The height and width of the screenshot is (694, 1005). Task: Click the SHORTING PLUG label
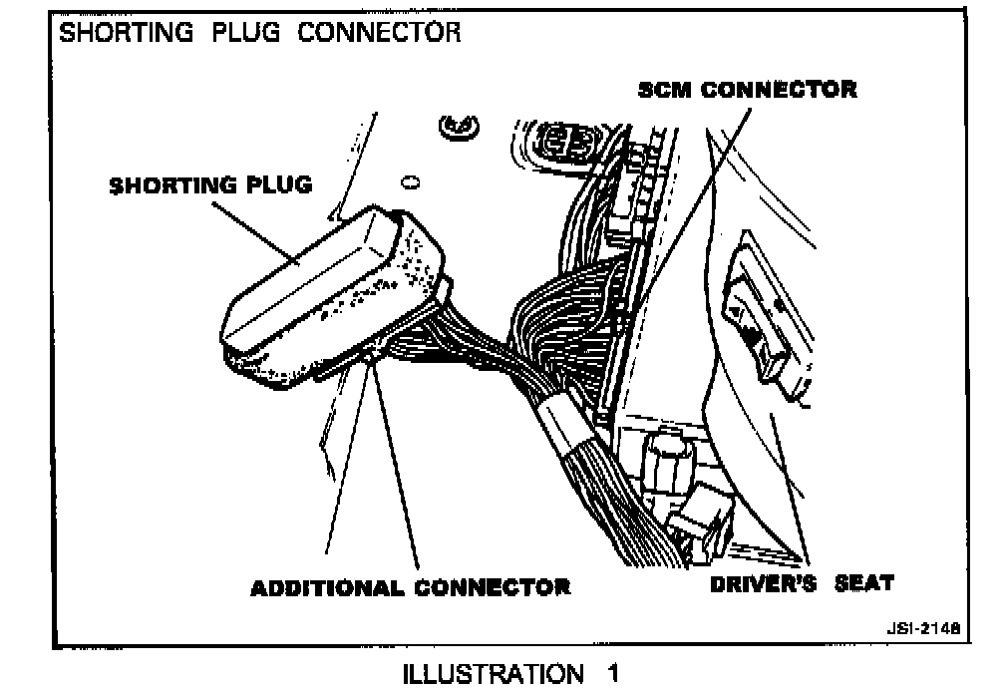coord(209,185)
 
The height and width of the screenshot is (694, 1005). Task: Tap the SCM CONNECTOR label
coord(747,90)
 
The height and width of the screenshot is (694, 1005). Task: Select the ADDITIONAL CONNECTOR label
coord(410,586)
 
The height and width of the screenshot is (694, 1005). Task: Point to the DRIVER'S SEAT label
coord(801,583)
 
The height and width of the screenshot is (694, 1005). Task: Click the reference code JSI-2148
coord(921,630)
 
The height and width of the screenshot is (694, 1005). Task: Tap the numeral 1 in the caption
coord(611,674)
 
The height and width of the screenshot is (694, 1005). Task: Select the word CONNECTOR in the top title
coord(382,32)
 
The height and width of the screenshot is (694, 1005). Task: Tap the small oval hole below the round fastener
coord(409,182)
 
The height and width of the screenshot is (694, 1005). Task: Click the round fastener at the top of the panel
coord(459,126)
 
